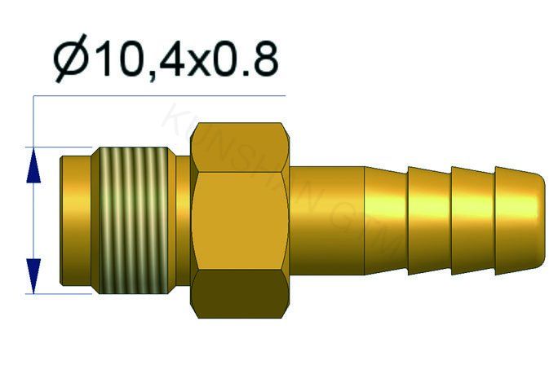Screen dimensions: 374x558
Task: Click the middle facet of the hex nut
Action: point(241,220)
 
